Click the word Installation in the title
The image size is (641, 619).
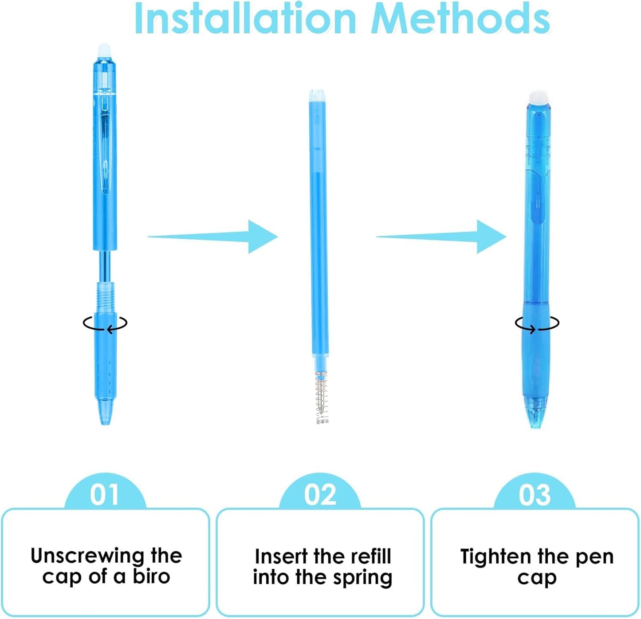(x=245, y=19)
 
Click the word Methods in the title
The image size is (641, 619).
(x=461, y=19)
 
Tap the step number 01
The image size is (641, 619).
(x=105, y=494)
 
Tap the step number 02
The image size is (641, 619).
(x=320, y=494)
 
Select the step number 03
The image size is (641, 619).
(x=535, y=494)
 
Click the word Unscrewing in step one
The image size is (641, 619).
(x=86, y=556)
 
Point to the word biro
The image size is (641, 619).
(x=151, y=577)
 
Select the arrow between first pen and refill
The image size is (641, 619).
(x=213, y=237)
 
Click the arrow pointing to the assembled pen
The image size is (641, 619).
(x=442, y=237)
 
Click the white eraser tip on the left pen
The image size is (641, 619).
(x=105, y=48)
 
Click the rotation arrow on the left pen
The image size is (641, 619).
(x=105, y=323)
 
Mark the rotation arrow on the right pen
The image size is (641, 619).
(x=537, y=323)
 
